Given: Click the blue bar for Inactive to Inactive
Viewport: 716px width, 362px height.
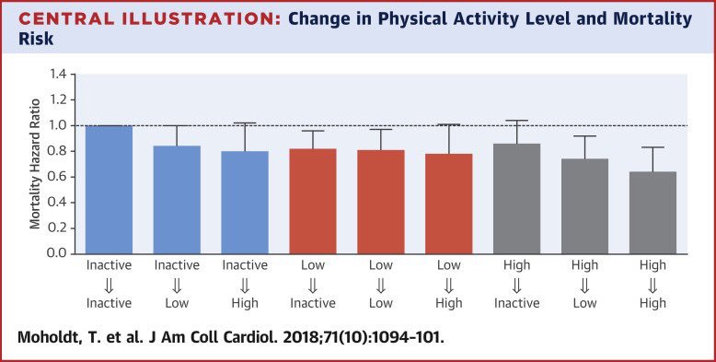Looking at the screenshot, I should pos(109,189).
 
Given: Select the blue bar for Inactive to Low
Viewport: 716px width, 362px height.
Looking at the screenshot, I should pos(177,199).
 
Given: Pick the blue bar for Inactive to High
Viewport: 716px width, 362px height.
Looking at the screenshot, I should pos(245,202).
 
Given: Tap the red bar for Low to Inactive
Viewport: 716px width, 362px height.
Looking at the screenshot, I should pos(312,200).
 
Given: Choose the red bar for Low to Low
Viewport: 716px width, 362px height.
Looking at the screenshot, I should pos(380,201).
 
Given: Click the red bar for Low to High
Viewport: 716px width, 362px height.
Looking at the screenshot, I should pos(448,203).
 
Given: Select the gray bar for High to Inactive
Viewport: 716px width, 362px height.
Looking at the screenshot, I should pos(516,197).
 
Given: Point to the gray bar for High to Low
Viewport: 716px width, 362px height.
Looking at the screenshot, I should pos(584,205).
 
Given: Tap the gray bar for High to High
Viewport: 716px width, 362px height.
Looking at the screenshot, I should pos(652,212).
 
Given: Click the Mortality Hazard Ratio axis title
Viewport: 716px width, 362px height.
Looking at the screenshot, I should pos(33,163).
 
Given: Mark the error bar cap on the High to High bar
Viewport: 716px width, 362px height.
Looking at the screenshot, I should pos(652,147).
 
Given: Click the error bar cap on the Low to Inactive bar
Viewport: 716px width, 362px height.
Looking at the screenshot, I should pos(312,131).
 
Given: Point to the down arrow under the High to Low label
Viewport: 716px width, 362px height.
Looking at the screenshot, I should pos(584,285).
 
